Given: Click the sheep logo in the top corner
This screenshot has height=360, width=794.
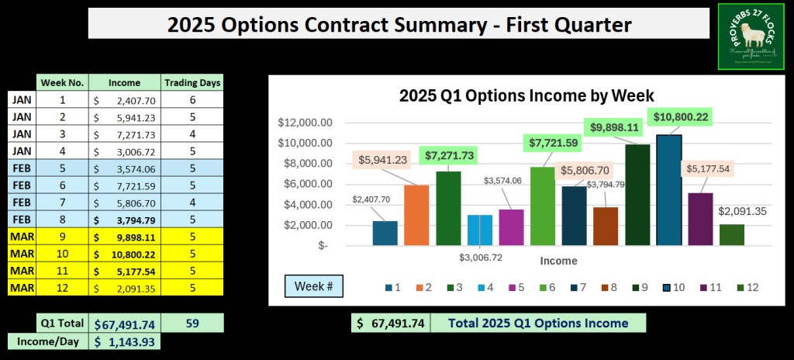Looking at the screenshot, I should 751,36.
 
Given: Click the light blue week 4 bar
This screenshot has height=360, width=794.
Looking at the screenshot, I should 480,230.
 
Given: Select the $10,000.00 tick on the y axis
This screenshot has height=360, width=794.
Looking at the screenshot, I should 305,144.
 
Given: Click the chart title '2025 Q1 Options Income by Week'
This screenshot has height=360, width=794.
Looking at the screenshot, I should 526,96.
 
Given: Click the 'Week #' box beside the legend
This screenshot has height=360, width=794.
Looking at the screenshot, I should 314,286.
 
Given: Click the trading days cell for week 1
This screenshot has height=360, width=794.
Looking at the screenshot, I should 192,99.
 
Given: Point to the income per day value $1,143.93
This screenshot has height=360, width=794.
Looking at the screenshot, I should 124,341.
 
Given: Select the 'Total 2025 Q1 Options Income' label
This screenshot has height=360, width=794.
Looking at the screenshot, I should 537,323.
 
